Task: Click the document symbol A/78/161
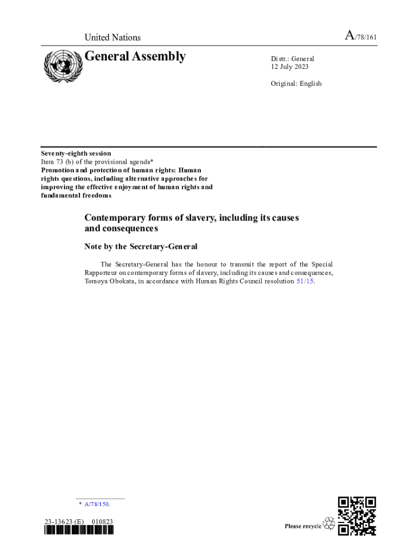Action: point(360,37)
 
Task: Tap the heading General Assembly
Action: point(135,56)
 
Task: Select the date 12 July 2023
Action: point(293,67)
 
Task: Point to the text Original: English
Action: point(296,83)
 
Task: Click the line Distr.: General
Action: point(293,59)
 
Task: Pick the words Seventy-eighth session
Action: point(76,153)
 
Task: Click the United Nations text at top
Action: point(112,37)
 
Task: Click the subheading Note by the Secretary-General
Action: point(141,247)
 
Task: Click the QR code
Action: point(357,516)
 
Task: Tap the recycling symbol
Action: point(329,524)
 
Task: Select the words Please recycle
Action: point(303,526)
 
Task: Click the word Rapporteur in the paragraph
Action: point(104,273)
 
